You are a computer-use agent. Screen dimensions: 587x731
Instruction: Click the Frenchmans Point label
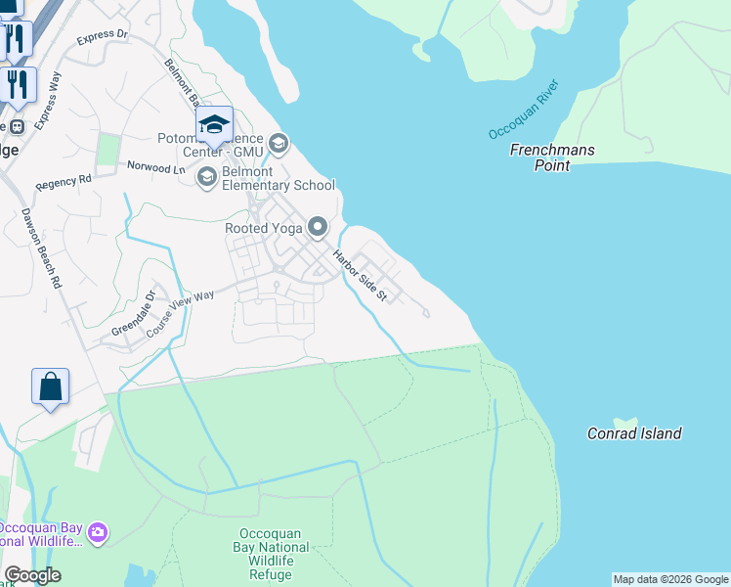pos(552,158)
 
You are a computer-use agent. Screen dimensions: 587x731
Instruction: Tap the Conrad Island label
pos(634,433)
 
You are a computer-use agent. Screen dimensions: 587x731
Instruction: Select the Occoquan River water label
pos(523,110)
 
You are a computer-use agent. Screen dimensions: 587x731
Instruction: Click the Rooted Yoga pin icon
pos(318,228)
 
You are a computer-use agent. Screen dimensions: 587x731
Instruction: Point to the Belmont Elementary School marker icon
pos(206,177)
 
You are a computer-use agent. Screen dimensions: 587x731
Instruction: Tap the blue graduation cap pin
pos(215,125)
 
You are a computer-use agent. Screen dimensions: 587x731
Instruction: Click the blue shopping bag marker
pos(51,386)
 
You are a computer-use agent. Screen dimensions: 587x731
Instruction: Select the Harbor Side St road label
pos(361,276)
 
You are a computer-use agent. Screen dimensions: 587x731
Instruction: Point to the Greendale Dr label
pos(133,313)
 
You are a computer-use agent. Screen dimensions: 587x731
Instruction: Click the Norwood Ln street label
pos(155,167)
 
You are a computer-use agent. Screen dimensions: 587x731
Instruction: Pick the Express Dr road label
pos(102,36)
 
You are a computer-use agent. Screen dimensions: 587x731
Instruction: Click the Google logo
pos(32,575)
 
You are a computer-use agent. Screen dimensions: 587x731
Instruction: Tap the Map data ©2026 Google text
pos(670,579)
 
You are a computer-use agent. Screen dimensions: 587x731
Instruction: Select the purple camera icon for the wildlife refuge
pos(97,532)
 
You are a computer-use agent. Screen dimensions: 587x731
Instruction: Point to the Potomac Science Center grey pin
pos(279,145)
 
